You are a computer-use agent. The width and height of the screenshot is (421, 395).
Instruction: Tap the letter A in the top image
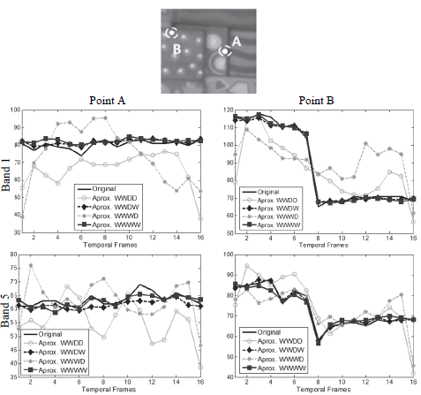tap(236, 41)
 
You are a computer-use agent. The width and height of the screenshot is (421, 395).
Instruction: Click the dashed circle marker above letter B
tap(171, 32)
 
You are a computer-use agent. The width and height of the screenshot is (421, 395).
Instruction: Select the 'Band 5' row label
tap(11, 314)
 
